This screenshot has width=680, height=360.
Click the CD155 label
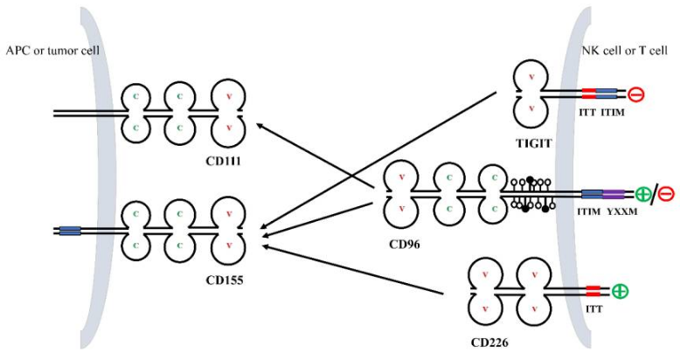tap(226, 281)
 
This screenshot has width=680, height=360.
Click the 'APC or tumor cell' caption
tap(52, 51)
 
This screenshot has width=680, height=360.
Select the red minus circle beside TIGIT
tap(635, 93)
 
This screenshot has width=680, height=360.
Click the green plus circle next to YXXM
tap(644, 194)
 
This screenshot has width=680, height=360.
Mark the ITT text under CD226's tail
tap(593, 307)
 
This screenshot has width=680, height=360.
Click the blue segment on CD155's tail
tap(70, 231)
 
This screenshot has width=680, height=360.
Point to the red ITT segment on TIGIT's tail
tap(589, 93)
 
